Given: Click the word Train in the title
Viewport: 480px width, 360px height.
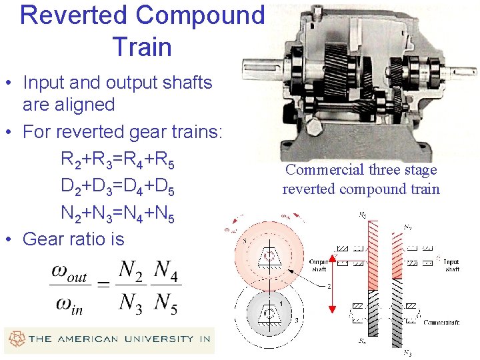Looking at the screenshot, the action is pos(142,47).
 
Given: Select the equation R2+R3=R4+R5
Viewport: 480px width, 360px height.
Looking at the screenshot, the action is pos(118,161).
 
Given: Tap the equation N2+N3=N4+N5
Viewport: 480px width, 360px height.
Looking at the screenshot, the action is pos(118,213).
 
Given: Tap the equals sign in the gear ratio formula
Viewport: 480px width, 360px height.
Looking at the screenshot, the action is pos(103,286).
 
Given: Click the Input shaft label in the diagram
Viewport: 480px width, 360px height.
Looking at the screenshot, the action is pos(452,265).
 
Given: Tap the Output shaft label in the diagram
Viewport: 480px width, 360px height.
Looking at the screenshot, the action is pos(317,265).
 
